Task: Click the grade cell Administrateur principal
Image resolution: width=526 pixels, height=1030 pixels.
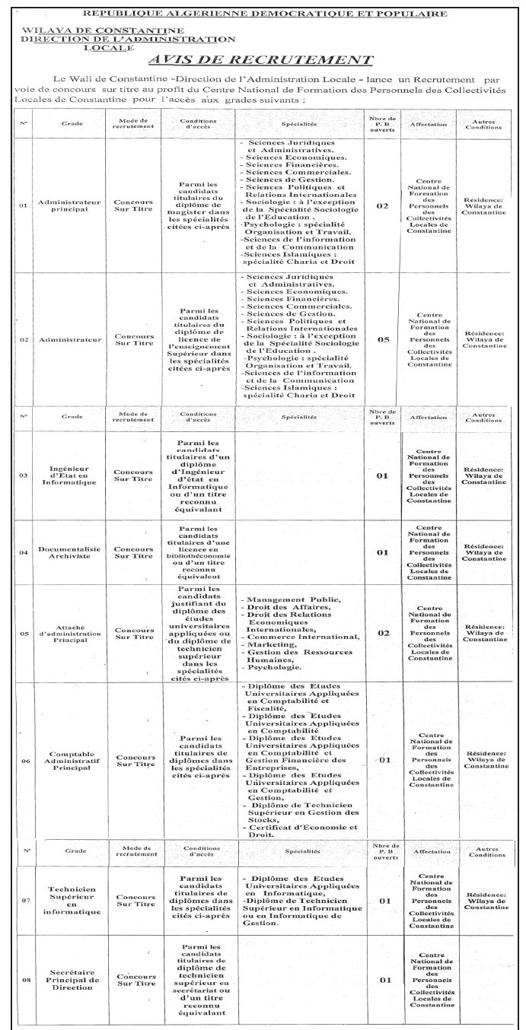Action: tap(72, 205)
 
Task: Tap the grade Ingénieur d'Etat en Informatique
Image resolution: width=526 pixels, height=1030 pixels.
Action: tap(72, 476)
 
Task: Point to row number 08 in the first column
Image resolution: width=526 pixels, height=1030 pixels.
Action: tap(24, 981)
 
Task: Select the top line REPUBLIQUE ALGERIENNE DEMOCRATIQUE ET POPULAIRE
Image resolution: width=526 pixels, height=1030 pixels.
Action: tap(264, 13)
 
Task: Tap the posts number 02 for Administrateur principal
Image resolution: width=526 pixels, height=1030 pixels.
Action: tap(382, 205)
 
